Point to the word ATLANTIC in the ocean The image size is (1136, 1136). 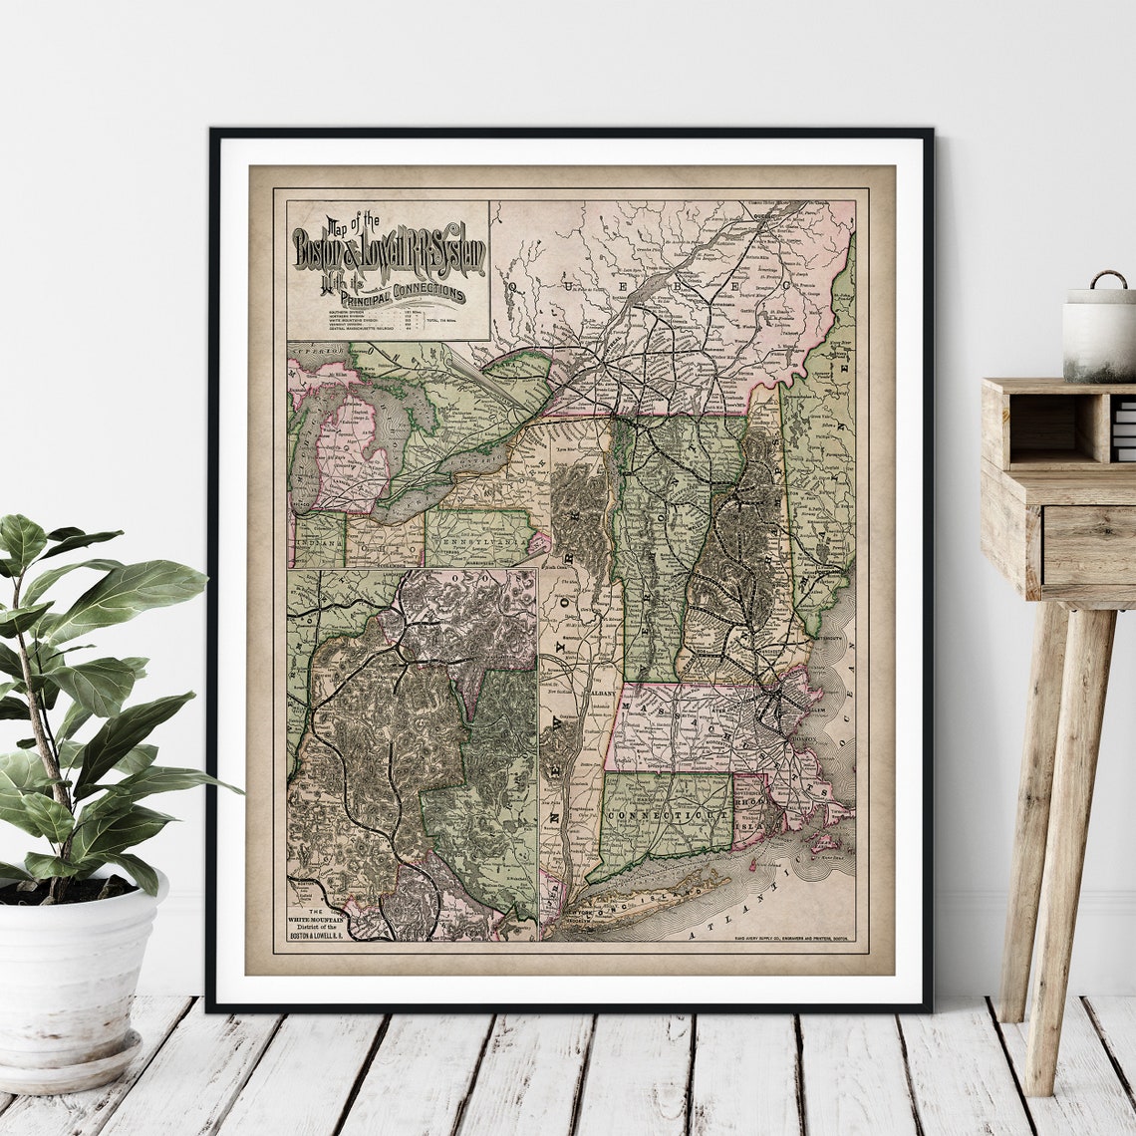(737, 922)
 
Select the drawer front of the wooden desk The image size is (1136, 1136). (1089, 545)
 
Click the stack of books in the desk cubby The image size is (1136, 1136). (1124, 429)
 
